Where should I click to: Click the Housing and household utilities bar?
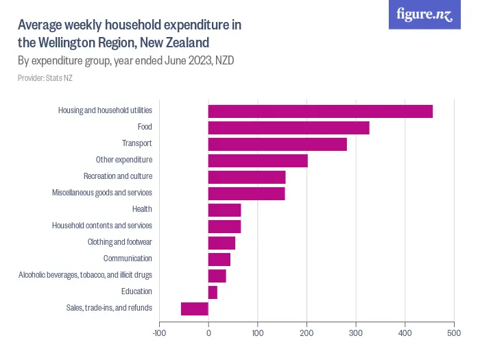320,111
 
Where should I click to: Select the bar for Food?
289,128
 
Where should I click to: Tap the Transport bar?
277,144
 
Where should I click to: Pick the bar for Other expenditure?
258,160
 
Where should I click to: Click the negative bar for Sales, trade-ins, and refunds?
194,309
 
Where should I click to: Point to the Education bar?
213,292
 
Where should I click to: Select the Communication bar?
219,259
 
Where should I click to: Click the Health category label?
142,209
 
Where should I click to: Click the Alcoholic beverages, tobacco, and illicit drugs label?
85,275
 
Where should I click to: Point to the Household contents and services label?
102,226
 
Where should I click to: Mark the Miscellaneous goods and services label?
101,193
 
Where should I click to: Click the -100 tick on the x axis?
159,333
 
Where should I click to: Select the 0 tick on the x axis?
208,333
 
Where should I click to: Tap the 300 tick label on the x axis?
356,333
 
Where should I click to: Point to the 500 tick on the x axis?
454,333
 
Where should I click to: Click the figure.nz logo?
424,14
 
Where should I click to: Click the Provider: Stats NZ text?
45,78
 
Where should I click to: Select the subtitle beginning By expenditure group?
125,60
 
